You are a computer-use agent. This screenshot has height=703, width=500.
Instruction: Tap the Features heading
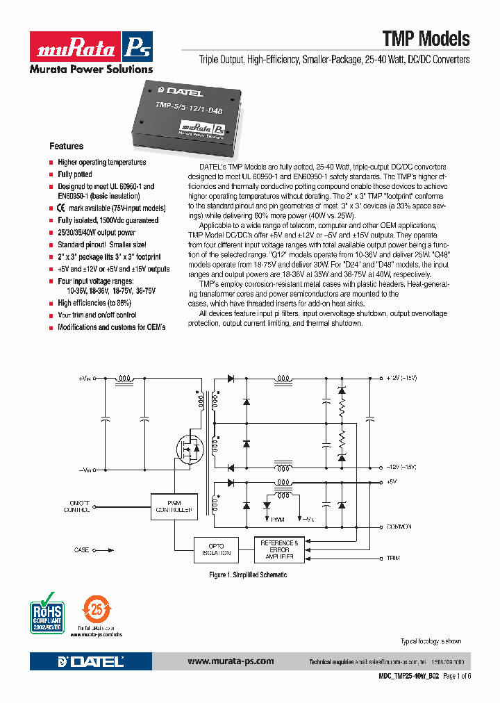click(66, 147)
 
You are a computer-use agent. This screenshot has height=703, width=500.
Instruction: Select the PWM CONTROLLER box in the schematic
click(172, 506)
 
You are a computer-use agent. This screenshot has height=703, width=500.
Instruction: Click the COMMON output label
click(399, 527)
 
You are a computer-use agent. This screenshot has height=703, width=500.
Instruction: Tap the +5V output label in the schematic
click(392, 481)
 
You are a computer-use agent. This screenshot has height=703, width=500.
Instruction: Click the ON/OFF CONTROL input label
click(77, 506)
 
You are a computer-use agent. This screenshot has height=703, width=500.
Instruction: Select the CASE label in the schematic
click(81, 550)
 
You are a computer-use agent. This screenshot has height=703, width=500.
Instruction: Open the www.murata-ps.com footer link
click(231, 661)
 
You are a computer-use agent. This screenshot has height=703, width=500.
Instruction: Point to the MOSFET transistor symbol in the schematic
click(189, 447)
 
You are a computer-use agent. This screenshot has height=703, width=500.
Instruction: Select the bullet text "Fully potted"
click(74, 174)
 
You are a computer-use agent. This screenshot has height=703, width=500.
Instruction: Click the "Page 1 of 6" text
click(456, 676)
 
